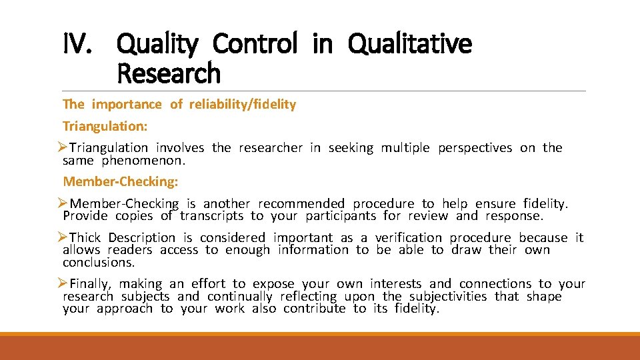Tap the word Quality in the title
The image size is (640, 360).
pyautogui.click(x=157, y=45)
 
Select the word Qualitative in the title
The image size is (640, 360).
pyautogui.click(x=410, y=45)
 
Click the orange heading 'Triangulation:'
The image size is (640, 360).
pyautogui.click(x=105, y=126)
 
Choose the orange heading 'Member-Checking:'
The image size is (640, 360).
pyautogui.click(x=121, y=181)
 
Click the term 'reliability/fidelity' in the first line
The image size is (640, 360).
pyautogui.click(x=243, y=104)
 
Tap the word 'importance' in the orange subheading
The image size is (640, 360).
pyautogui.click(x=127, y=104)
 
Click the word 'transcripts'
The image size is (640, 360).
pyautogui.click(x=211, y=216)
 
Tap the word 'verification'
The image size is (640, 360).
pyautogui.click(x=408, y=238)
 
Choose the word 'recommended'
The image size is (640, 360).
pyautogui.click(x=301, y=204)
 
